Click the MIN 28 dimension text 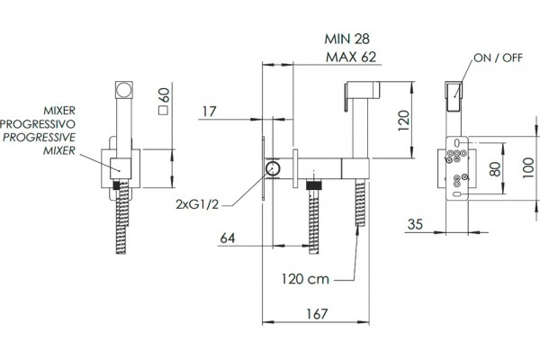click(346, 39)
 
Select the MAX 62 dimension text click(351, 58)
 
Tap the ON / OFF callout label click(498, 58)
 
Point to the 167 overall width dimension click(317, 314)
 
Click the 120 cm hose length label click(305, 279)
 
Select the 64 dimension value click(228, 238)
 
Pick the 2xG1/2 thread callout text click(197, 204)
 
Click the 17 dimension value click(209, 112)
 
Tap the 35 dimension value click(415, 224)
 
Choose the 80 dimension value click(495, 169)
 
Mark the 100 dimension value click(528, 167)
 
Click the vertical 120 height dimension click(403, 121)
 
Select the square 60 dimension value click(165, 95)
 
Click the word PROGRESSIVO click(38, 123)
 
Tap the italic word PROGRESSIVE click(39, 137)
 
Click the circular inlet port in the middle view click(273, 169)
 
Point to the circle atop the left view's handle click(123, 90)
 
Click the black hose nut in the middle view click(314, 185)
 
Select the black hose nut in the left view click(116, 185)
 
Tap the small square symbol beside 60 click(163, 111)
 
